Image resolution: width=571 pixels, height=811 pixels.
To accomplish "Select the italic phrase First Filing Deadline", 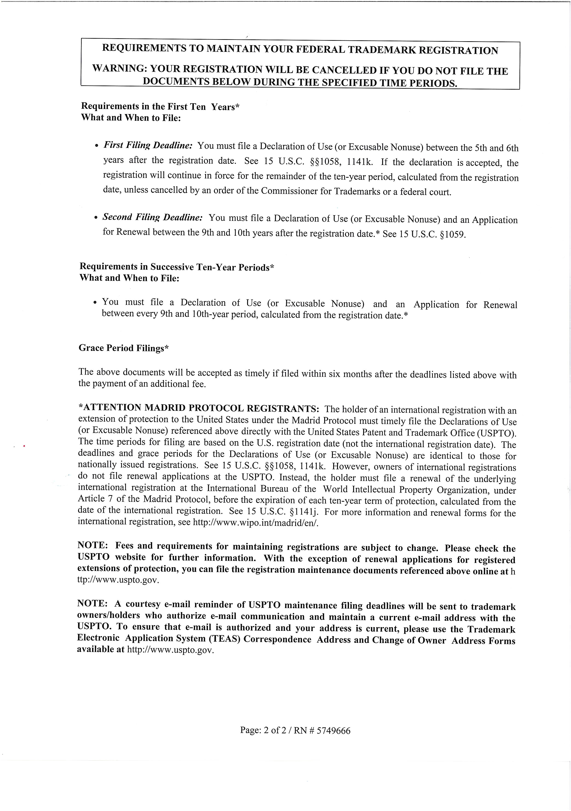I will click(148, 145).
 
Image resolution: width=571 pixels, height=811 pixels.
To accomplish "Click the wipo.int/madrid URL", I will click(256, 522).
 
